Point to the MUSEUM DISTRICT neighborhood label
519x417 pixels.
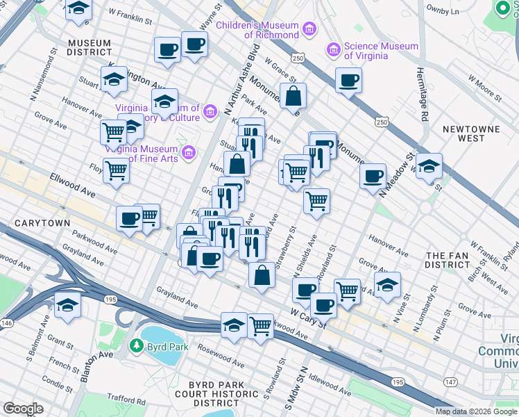coord(89,47)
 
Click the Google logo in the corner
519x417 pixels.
coord(24,408)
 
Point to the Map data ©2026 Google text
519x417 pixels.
coord(476,411)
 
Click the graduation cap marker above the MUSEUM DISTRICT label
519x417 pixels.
coord(78,10)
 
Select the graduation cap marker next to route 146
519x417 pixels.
coord(67,304)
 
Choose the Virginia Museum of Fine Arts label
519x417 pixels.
coord(142,154)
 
